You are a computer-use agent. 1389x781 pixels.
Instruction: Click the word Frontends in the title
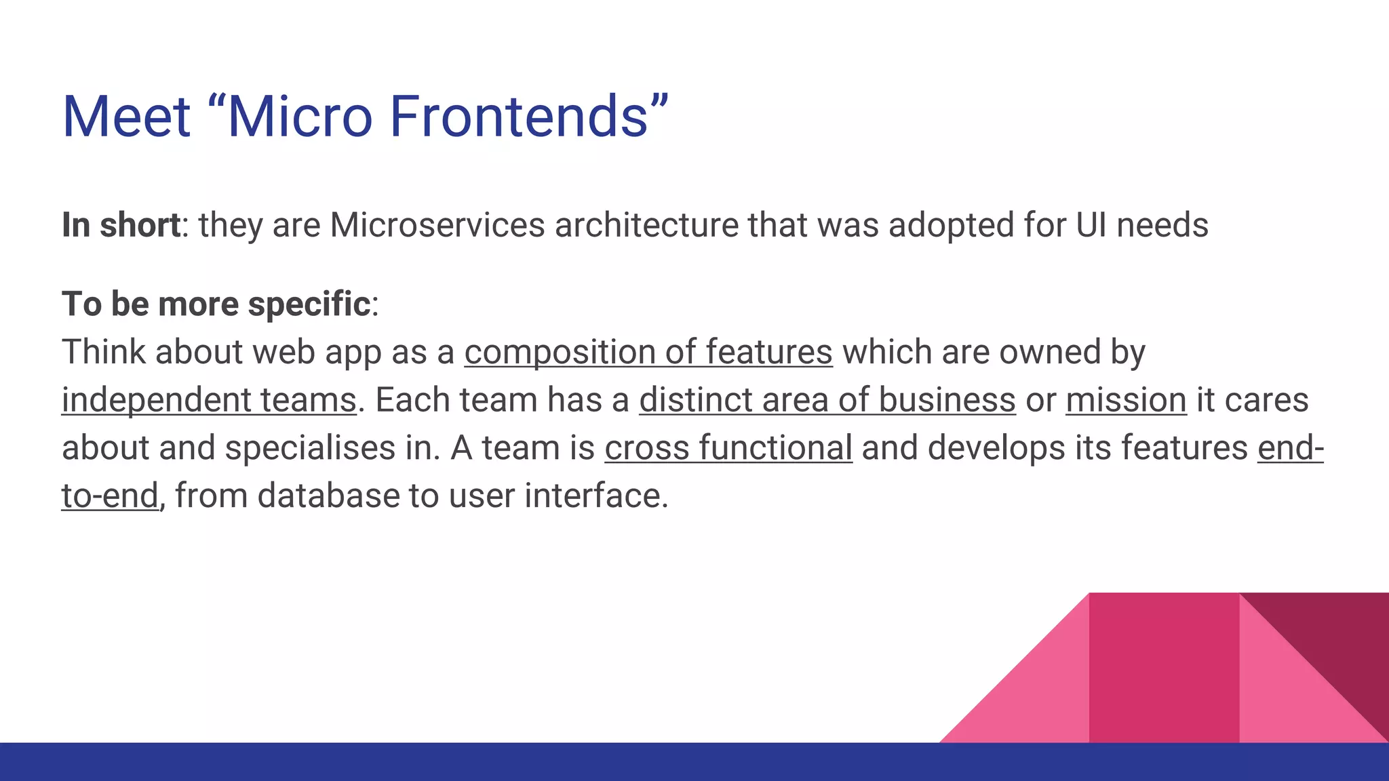point(519,117)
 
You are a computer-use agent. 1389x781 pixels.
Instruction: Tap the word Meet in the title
point(126,117)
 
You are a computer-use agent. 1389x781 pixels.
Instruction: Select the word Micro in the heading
point(299,117)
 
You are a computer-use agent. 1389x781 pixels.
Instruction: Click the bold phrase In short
point(121,225)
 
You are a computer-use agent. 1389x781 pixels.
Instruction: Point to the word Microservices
point(437,225)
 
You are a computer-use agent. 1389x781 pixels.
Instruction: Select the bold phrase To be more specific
point(216,304)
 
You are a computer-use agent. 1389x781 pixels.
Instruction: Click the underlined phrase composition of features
point(648,353)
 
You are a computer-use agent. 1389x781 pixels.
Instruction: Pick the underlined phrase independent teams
point(209,400)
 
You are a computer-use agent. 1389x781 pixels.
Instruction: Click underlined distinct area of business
point(827,400)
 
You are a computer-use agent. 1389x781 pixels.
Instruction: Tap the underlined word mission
point(1126,400)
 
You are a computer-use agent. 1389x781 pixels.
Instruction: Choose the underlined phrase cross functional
point(728,448)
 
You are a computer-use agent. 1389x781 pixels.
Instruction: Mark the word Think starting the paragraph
point(103,353)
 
